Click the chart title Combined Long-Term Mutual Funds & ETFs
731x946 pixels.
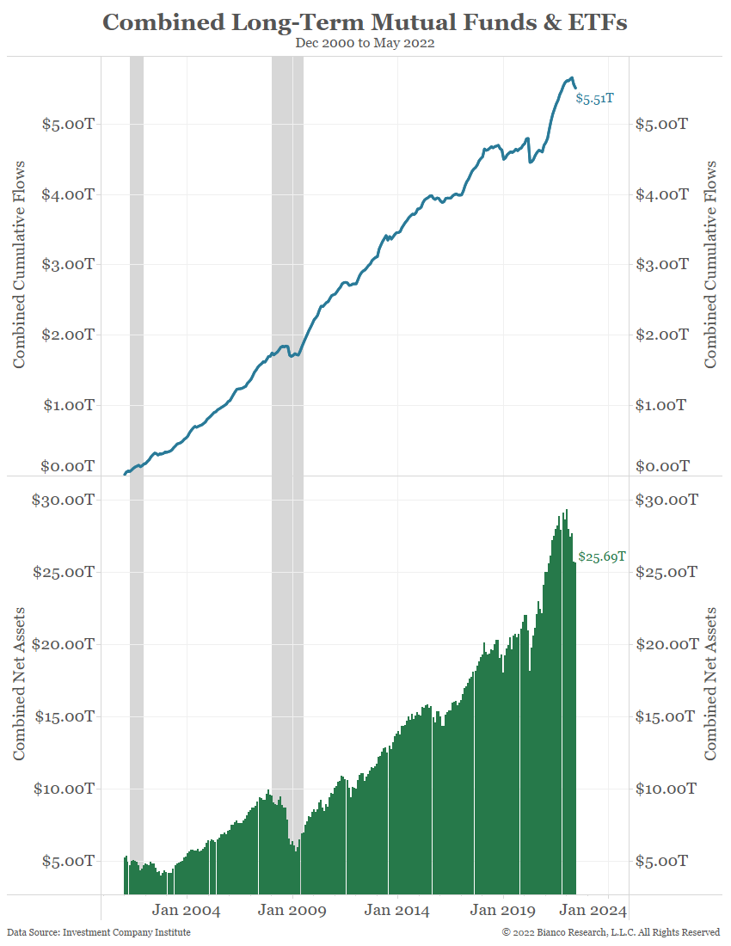(x=365, y=22)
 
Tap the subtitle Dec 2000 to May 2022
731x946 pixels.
(x=365, y=43)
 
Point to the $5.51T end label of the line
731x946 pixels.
(x=594, y=99)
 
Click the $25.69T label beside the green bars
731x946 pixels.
(x=602, y=556)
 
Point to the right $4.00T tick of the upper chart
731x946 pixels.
(x=661, y=194)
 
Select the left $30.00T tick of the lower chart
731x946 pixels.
(x=62, y=500)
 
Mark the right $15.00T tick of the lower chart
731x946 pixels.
(x=665, y=716)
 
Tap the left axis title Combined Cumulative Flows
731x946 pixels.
(x=19, y=264)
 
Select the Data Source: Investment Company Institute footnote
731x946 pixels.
(x=99, y=932)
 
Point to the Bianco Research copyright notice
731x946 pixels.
(x=611, y=932)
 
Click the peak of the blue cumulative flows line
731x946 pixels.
(x=570, y=77)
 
